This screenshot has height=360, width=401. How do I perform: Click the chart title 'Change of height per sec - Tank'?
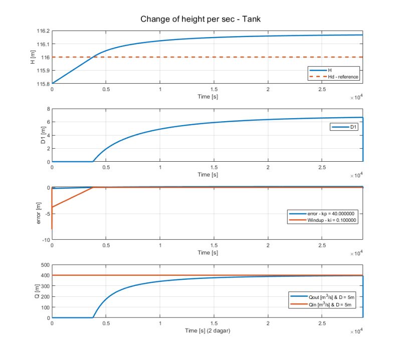pos(201,19)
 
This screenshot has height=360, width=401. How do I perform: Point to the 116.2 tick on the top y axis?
pos(42,31)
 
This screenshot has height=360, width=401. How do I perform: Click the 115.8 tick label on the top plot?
pos(42,83)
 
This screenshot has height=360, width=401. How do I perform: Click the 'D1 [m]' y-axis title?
pos(33,135)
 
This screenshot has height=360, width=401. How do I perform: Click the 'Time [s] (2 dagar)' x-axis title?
pos(207,331)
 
